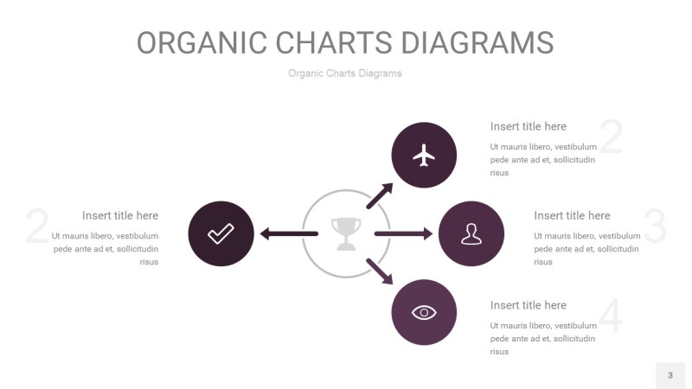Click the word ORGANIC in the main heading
[202, 42]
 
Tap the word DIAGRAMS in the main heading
[477, 42]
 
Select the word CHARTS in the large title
[334, 42]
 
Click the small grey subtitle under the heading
[345, 73]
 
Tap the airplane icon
[424, 156]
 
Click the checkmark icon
[221, 233]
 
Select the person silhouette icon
[471, 233]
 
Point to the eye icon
[424, 313]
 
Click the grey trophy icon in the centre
[346, 233]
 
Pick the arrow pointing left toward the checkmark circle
[289, 233]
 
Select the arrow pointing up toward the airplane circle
[380, 196]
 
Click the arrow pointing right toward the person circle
[403, 233]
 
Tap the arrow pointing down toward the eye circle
[380, 271]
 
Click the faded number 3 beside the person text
[655, 226]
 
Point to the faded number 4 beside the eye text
[611, 316]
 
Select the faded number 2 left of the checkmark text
[37, 226]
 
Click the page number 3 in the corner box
[670, 375]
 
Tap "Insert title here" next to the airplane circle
[529, 126]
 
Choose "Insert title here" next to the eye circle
[529, 305]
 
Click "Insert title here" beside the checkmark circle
[120, 215]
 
